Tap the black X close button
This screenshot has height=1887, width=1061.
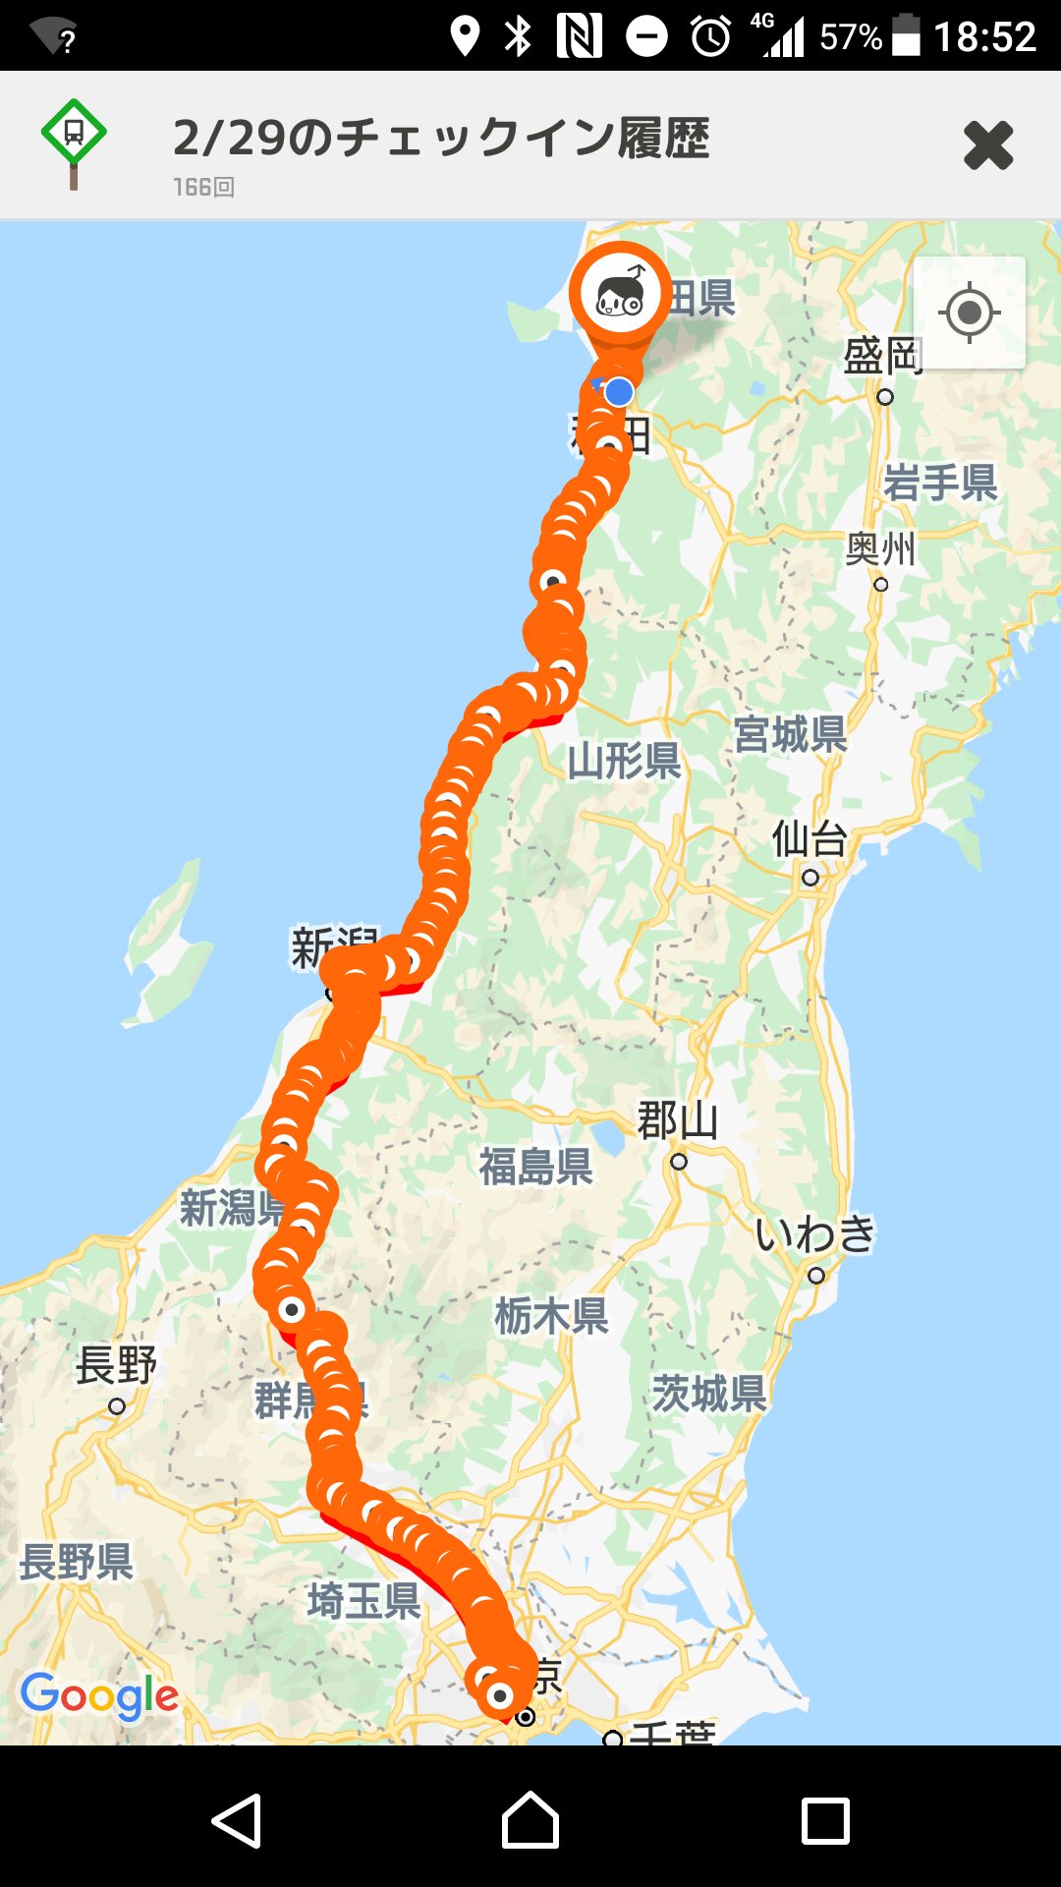[987, 145]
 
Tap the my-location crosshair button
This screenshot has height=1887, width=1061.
[969, 313]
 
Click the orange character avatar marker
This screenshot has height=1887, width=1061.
[620, 293]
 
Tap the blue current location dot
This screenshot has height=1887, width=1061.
[619, 392]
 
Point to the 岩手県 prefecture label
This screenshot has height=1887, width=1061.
[939, 483]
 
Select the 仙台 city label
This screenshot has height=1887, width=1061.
[810, 840]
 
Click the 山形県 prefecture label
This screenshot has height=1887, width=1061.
[624, 761]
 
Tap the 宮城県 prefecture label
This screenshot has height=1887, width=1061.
[791, 734]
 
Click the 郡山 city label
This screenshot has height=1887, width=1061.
[678, 1120]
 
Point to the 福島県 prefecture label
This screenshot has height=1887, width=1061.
[536, 1167]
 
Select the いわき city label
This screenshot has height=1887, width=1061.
[815, 1234]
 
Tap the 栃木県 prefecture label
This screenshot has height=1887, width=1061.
[551, 1315]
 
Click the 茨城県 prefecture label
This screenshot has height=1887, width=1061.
[709, 1394]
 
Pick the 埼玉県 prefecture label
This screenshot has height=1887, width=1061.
[363, 1601]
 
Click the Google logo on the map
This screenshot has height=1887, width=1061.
[99, 1695]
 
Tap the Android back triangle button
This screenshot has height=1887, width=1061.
[237, 1821]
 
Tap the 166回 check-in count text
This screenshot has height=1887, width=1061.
[203, 188]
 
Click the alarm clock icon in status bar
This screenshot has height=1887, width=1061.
[710, 37]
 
